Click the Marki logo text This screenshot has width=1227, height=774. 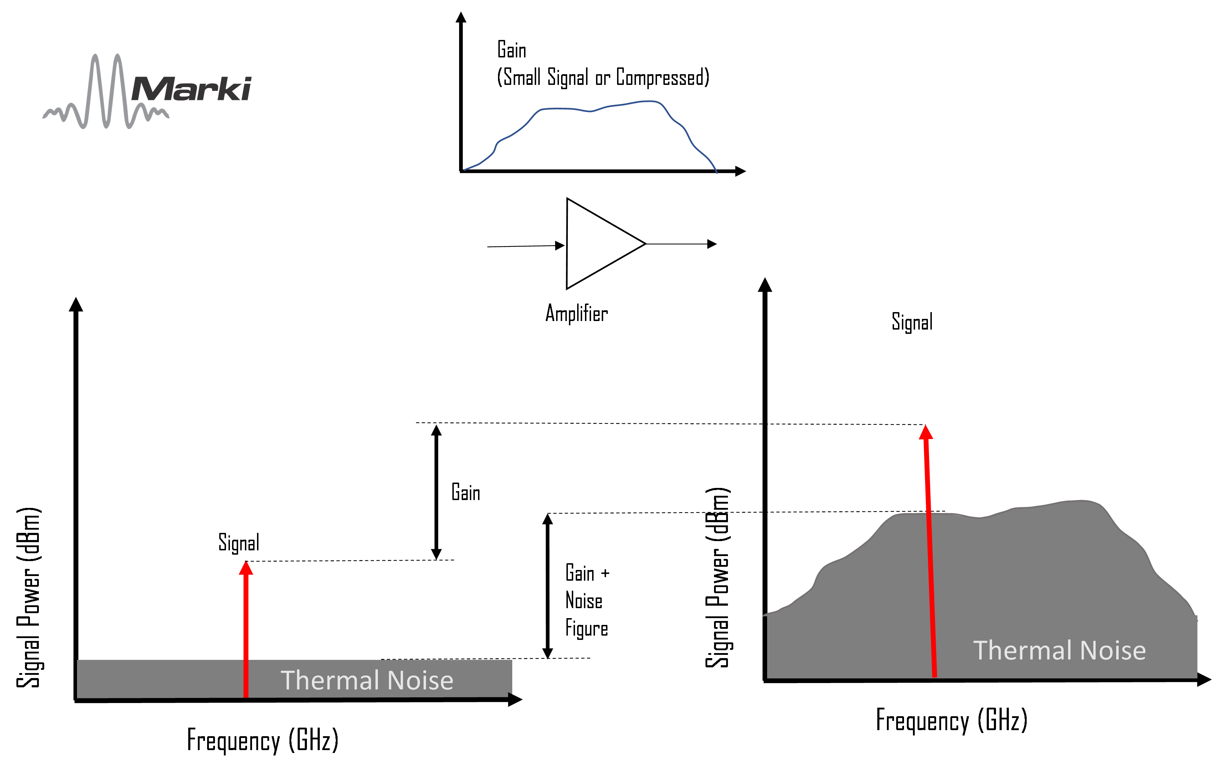coord(191,89)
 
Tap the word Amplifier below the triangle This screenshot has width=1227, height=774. coord(576,313)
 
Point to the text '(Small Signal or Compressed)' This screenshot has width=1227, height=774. coord(603,77)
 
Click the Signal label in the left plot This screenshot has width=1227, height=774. coord(238,543)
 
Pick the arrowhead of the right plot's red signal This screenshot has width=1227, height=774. coord(926,432)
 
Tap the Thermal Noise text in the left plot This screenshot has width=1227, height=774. coord(367,680)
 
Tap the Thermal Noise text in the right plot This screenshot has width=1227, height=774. coord(1059,650)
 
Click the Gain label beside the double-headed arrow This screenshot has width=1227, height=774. coord(466,493)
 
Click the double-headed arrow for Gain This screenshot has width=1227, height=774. coord(436,492)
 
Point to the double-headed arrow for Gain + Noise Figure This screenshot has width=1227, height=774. coord(548,586)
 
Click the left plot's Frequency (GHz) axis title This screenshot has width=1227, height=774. coord(262,740)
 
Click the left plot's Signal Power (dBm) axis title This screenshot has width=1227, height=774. coord(29,597)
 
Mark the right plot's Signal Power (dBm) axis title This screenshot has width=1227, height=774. coord(718,577)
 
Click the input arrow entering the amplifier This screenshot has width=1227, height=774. coord(525,246)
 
